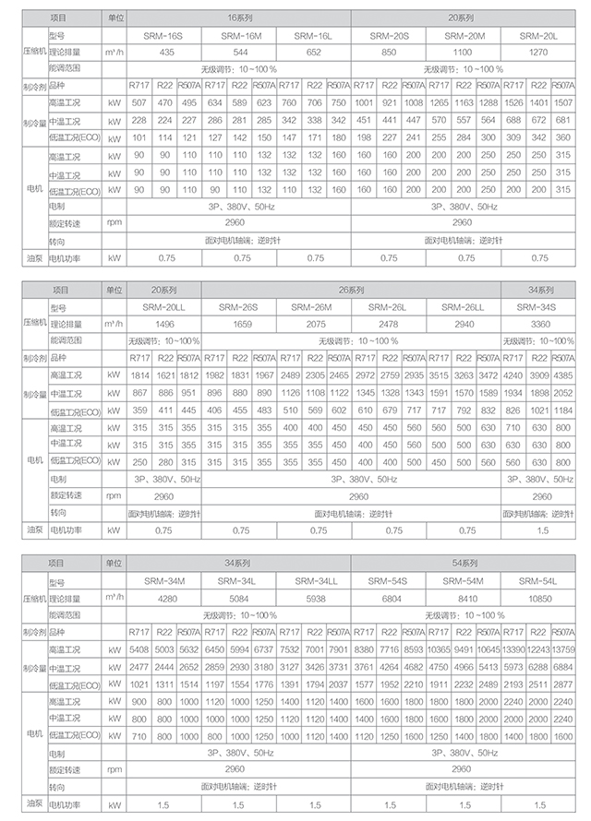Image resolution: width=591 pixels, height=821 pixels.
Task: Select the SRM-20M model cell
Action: pyautogui.click(x=463, y=35)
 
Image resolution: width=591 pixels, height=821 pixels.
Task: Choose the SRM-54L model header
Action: pyautogui.click(x=537, y=581)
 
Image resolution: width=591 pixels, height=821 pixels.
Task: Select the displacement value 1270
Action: pyautogui.click(x=537, y=52)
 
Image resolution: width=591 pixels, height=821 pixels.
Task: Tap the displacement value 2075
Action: pyautogui.click(x=313, y=324)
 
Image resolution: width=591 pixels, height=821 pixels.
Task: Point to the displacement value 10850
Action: pyautogui.click(x=537, y=598)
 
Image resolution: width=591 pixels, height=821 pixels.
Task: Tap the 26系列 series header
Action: pyautogui.click(x=350, y=290)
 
